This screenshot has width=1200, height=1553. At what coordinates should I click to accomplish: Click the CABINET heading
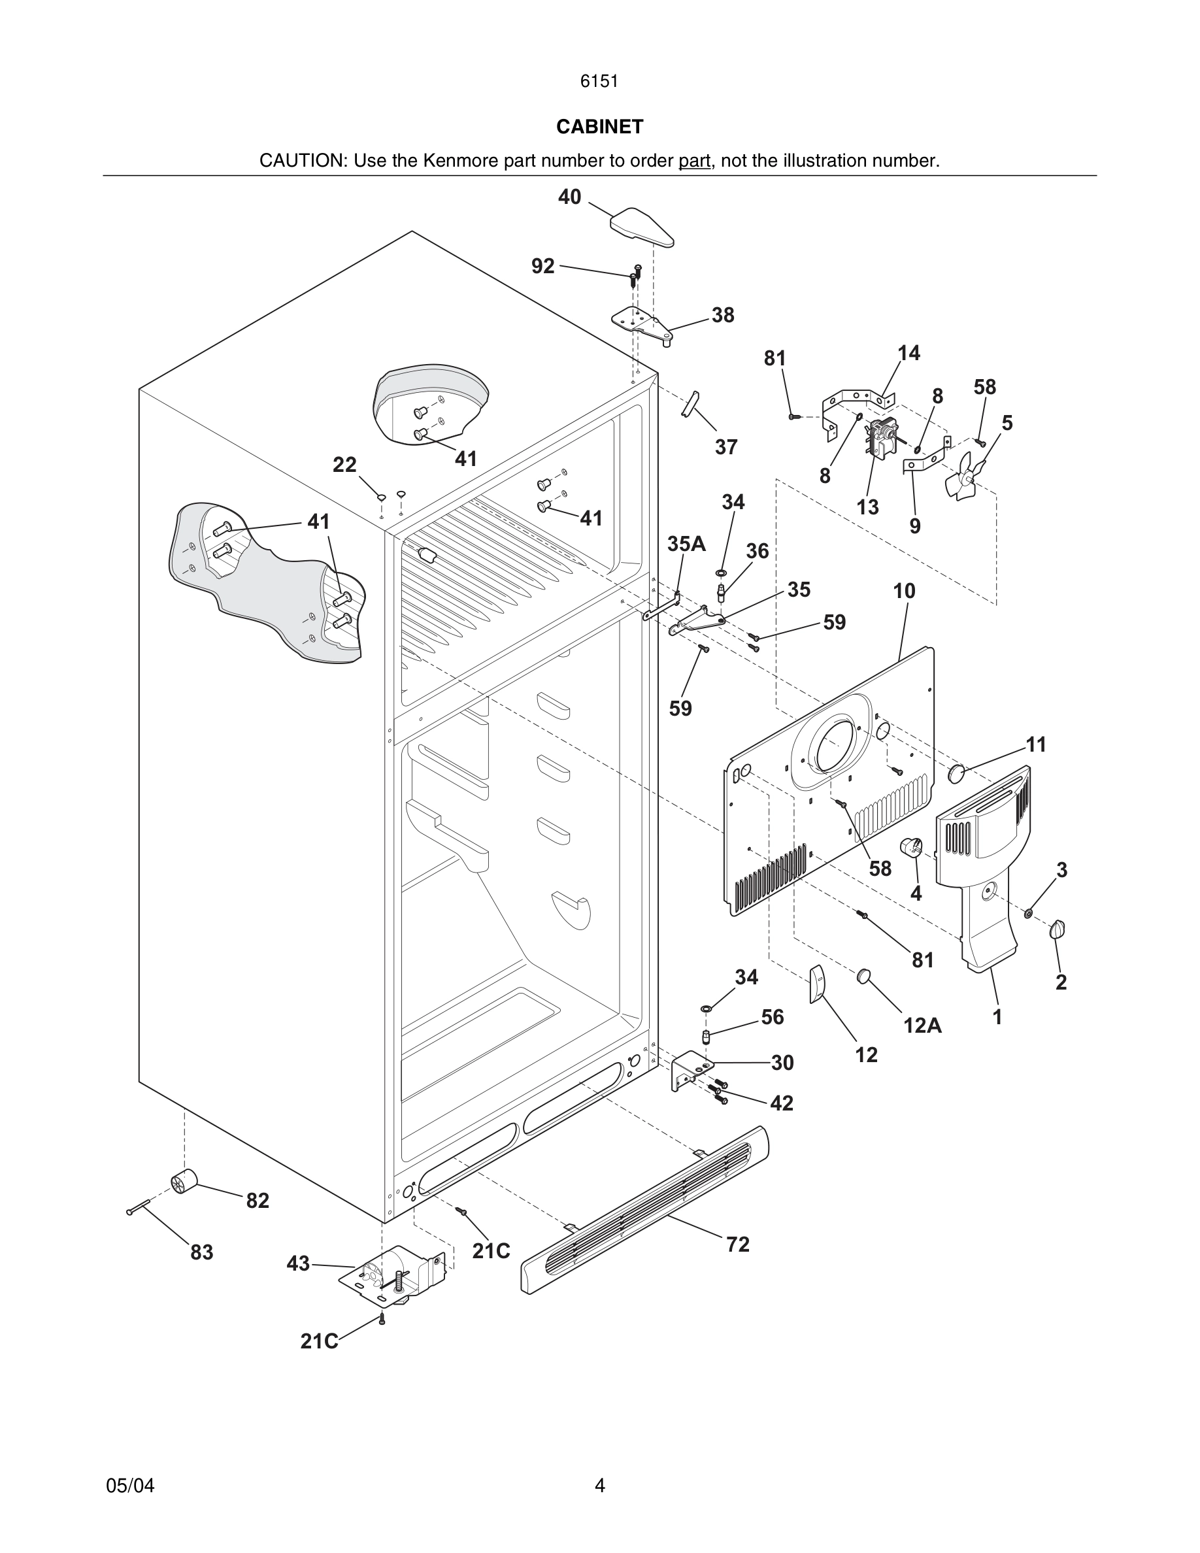(599, 127)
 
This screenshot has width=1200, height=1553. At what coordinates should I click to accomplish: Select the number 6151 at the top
(599, 81)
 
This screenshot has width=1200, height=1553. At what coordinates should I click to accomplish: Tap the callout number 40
(569, 197)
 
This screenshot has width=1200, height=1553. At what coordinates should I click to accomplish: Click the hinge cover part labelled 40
(641, 227)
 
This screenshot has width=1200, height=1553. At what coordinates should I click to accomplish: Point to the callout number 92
(543, 266)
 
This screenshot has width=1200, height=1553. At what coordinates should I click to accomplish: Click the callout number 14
(908, 353)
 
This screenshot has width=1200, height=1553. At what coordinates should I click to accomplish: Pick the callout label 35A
(686, 544)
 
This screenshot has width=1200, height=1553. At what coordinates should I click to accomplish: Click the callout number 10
(905, 591)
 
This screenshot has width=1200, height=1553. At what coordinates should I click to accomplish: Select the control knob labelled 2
(1058, 929)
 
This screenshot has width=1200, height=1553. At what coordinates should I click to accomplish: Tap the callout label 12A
(922, 1025)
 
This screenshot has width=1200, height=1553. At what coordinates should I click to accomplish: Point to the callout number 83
(202, 1252)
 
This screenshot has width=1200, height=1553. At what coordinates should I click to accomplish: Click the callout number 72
(738, 1244)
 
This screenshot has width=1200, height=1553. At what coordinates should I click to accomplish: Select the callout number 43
(299, 1263)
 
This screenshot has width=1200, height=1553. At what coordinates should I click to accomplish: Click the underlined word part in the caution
(694, 161)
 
